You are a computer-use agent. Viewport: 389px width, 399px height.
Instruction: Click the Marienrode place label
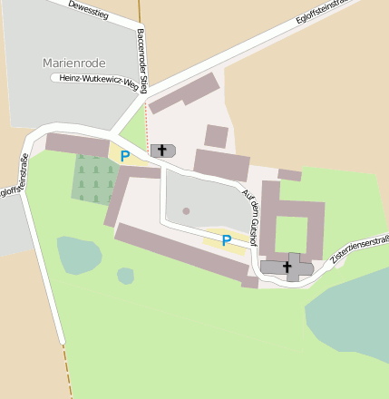73,63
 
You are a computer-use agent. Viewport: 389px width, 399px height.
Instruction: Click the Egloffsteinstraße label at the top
323,13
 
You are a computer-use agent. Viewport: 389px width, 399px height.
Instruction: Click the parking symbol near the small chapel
125,156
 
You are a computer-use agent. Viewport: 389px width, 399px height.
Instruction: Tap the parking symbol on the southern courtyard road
226,240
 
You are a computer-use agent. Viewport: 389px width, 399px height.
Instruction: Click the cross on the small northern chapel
163,150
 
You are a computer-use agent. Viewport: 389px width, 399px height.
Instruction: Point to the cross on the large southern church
287,267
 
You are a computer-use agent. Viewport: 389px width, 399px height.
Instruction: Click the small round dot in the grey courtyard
186,211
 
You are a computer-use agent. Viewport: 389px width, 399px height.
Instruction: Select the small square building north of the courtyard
216,136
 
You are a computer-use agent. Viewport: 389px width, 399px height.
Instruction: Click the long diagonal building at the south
181,252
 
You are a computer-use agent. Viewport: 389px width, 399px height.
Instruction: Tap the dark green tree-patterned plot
92,178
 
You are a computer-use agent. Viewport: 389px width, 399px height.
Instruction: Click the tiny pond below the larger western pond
125,275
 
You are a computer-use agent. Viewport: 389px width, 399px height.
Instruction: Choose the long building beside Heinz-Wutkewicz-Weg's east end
184,93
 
